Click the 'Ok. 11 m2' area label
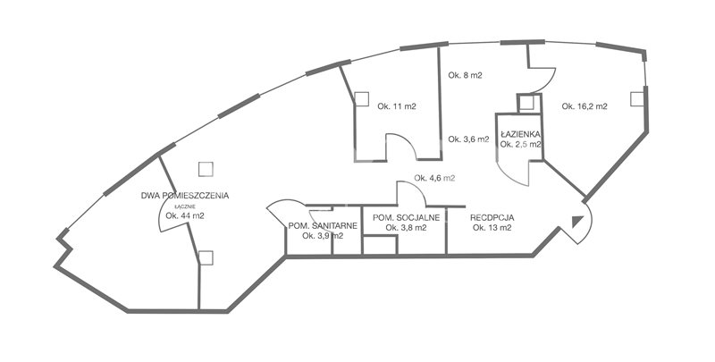click(396, 106)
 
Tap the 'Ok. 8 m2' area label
click(465, 76)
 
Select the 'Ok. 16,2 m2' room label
click(585, 106)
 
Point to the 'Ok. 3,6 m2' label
click(468, 139)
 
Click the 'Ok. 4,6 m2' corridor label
click(434, 178)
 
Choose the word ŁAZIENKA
click(520, 134)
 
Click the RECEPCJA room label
click(492, 218)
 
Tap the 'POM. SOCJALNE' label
click(407, 218)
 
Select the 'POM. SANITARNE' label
click(323, 225)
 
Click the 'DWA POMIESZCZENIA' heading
click(185, 196)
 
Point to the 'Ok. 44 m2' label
click(185, 216)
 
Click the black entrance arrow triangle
click(576, 221)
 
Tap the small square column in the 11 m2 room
click(362, 99)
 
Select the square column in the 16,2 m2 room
click(637, 99)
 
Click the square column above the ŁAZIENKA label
click(526, 103)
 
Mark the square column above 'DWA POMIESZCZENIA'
click(206, 169)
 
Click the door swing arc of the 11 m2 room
click(408, 139)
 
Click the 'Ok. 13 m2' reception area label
click(492, 228)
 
